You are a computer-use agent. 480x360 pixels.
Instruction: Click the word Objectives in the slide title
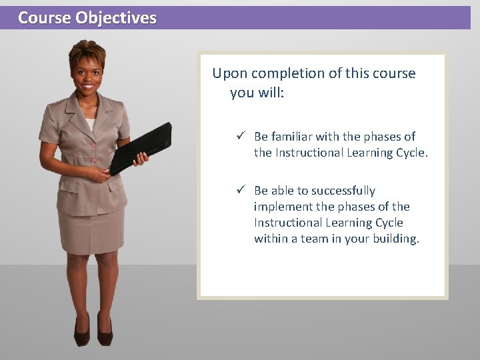[116, 18]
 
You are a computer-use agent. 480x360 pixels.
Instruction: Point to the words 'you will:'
[257, 93]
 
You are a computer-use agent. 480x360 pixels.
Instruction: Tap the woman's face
[87, 75]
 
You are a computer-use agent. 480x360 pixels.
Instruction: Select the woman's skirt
[91, 230]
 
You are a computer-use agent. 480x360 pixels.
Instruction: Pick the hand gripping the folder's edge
[141, 159]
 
